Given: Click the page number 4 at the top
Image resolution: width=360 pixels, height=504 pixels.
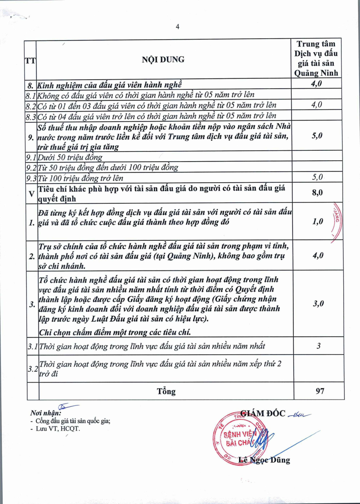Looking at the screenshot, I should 177,27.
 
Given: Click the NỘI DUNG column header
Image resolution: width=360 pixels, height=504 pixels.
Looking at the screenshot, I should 163,59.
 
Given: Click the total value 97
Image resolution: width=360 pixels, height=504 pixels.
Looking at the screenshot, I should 320,391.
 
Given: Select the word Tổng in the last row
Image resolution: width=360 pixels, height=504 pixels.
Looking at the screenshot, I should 166,391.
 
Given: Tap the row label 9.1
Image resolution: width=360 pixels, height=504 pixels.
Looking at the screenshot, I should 31,157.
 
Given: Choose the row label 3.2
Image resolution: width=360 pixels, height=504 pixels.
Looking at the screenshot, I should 31,369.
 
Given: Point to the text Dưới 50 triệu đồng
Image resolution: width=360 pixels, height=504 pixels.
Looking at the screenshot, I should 70,157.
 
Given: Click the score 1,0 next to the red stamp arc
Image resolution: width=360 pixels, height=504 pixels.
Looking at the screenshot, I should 318,221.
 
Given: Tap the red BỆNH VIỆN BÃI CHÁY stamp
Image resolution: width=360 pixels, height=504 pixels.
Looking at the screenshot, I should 236,439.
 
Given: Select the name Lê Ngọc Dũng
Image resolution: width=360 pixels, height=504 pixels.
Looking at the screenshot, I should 264,460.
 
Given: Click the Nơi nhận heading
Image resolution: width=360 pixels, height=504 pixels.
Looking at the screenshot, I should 45,413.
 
